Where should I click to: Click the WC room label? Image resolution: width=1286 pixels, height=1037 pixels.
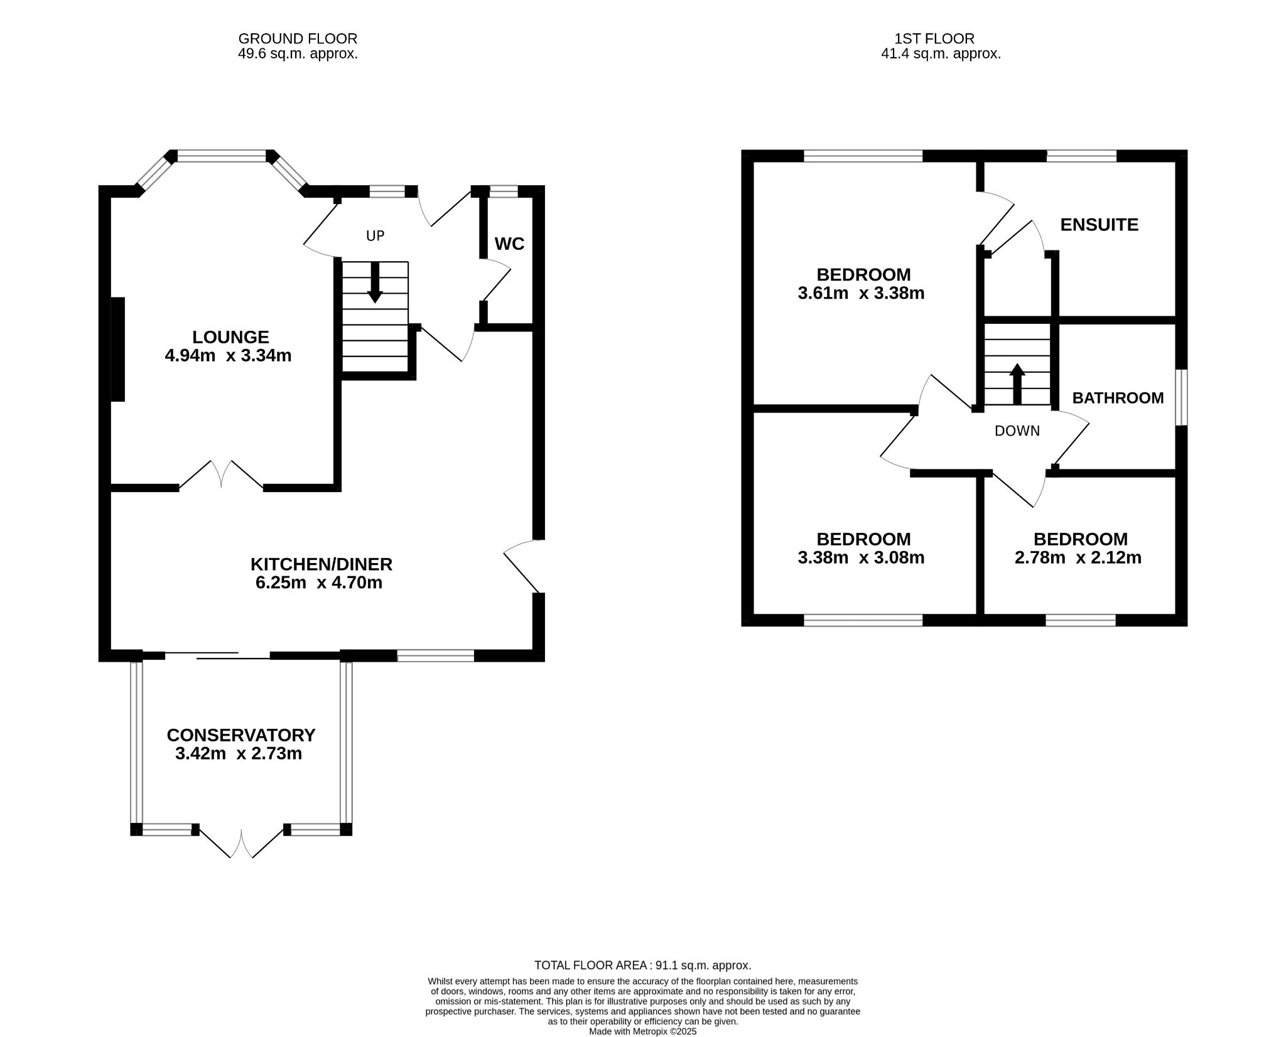[x=509, y=244]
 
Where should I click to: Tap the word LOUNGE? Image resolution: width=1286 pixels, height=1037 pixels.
[x=230, y=337]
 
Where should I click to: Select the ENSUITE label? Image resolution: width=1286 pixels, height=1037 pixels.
[x=1099, y=225]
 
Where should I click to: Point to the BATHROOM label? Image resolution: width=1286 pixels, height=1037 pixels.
[x=1118, y=398]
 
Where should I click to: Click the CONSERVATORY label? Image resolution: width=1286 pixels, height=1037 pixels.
[x=240, y=735]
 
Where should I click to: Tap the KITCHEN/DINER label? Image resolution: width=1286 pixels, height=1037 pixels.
[x=321, y=564]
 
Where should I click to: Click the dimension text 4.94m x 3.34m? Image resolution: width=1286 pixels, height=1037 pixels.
[x=228, y=356]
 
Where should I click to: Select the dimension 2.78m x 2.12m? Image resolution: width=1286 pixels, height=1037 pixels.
[x=1078, y=557]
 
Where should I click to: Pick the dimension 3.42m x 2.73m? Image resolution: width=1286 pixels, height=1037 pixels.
[x=239, y=753]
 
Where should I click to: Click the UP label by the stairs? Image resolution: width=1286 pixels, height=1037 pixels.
[x=375, y=236]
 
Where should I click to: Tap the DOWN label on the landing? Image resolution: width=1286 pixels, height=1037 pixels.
[x=1017, y=431]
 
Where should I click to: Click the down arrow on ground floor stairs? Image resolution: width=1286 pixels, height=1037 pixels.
[x=375, y=282]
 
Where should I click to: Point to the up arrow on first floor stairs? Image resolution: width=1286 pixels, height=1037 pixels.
[x=1017, y=384]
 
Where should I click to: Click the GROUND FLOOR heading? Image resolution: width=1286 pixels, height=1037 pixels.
[x=298, y=40]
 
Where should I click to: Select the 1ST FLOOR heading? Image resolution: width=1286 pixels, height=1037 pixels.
[x=934, y=40]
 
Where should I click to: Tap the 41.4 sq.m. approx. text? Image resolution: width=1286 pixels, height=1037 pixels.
[x=941, y=54]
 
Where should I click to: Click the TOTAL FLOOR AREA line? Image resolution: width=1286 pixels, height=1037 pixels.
[x=642, y=965]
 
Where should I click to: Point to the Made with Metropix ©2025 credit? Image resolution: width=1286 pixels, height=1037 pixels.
[x=642, y=1031]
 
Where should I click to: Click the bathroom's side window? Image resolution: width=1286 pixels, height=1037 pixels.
[x=1181, y=397]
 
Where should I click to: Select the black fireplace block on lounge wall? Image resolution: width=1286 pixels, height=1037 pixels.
[x=118, y=349]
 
